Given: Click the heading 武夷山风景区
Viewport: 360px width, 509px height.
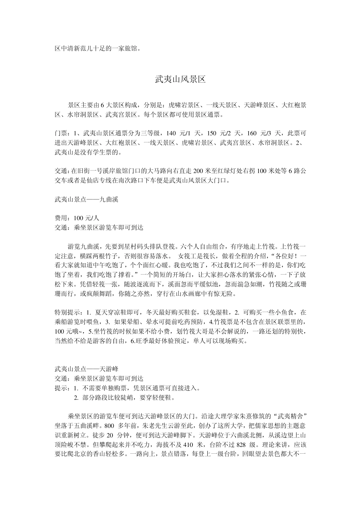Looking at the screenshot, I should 180,79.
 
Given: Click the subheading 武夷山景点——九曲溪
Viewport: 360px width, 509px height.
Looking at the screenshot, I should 86,199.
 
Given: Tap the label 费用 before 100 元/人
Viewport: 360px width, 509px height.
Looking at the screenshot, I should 61,218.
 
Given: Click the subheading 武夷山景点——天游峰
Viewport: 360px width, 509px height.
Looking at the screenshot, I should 86,368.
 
